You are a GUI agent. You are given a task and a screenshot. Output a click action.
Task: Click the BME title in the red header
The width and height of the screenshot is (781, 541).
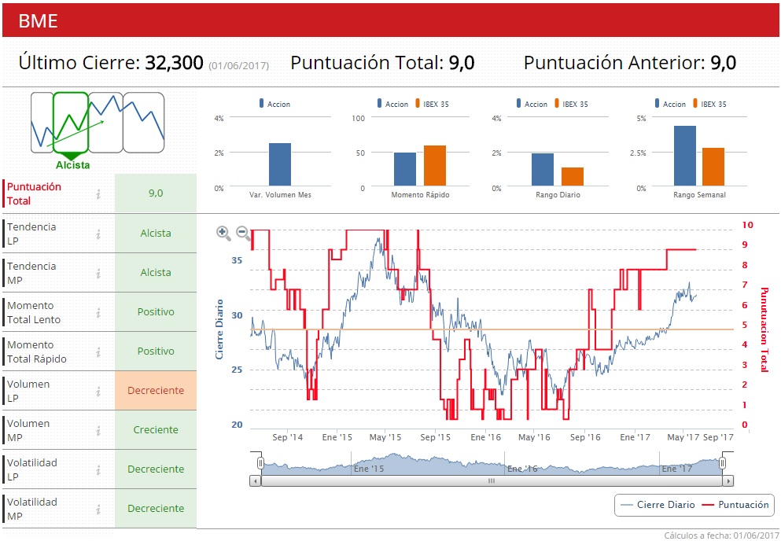pyautogui.click(x=38, y=20)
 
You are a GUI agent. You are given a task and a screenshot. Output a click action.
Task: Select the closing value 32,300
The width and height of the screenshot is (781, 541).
pyautogui.click(x=174, y=63)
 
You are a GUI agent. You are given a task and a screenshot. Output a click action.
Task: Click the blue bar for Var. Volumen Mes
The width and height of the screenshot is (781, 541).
pyautogui.click(x=280, y=164)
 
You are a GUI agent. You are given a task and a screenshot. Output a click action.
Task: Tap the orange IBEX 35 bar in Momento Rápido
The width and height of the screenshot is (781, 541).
pyautogui.click(x=435, y=165)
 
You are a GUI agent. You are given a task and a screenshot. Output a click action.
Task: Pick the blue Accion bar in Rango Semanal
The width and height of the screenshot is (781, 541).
pyautogui.click(x=685, y=156)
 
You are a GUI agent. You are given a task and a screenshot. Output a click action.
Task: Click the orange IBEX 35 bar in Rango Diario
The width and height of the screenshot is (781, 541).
pyautogui.click(x=573, y=177)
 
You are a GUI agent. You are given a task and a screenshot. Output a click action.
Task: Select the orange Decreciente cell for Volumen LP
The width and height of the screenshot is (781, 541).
pyautogui.click(x=156, y=391)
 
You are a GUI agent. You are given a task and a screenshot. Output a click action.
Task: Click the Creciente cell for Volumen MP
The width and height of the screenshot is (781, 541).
pyautogui.click(x=156, y=430)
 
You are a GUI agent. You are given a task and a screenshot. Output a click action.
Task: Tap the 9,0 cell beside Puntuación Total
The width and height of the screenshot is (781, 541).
pyautogui.click(x=156, y=193)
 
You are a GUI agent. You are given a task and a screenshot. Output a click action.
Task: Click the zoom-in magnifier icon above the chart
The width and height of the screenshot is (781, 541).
pyautogui.click(x=224, y=233)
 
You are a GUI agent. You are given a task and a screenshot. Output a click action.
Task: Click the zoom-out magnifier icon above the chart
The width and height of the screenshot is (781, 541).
pyautogui.click(x=244, y=233)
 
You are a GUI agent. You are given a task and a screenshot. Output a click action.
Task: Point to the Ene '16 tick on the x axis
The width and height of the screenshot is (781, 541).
pyautogui.click(x=484, y=437)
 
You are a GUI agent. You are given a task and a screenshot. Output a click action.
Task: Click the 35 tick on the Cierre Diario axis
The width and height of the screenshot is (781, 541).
pyautogui.click(x=237, y=260)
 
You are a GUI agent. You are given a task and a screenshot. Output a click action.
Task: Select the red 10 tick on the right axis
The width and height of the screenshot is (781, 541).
pyautogui.click(x=747, y=225)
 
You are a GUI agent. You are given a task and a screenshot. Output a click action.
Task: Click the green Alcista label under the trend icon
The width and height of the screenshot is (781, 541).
pyautogui.click(x=72, y=165)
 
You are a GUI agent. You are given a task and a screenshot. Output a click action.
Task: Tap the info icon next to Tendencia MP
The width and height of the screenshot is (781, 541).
pyautogui.click(x=98, y=273)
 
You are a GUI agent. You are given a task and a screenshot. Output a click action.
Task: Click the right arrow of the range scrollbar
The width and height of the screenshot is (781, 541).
pyautogui.click(x=728, y=481)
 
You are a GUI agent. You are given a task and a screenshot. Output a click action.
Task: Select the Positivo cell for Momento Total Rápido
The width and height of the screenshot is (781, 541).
pyautogui.click(x=156, y=351)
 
